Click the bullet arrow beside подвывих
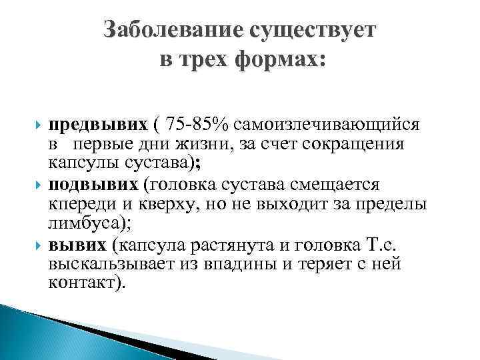pos(37,183)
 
